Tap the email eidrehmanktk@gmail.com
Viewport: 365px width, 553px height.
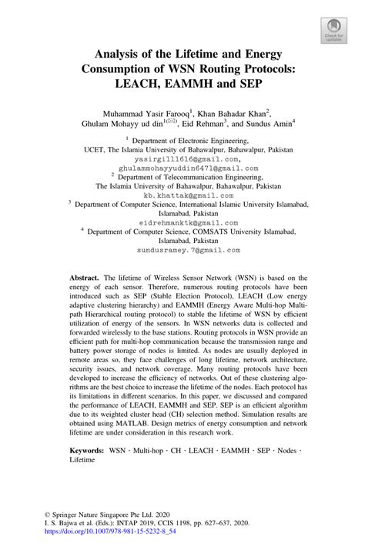[x=182, y=218]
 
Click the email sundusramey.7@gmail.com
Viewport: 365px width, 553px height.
[x=182, y=250]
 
